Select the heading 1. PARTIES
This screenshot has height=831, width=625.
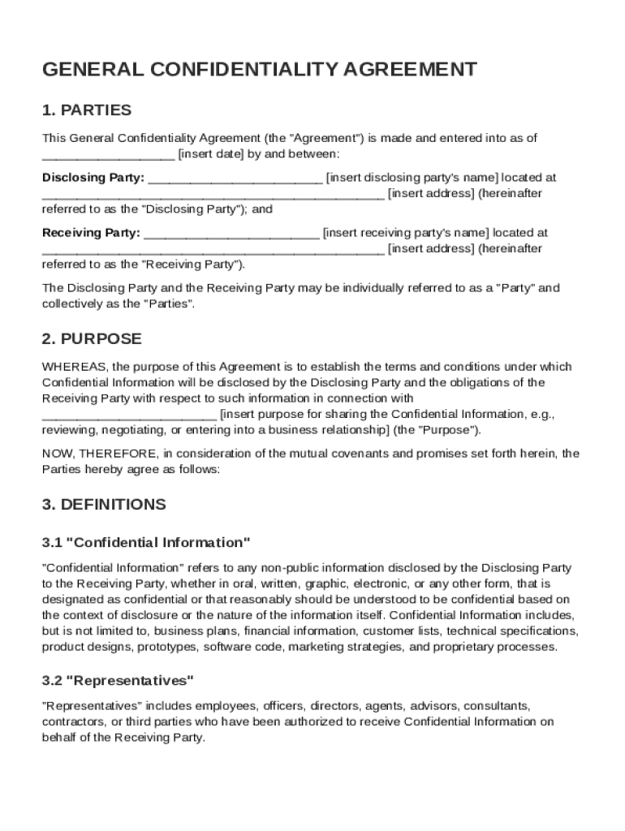tap(87, 110)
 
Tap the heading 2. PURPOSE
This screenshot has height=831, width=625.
tap(92, 338)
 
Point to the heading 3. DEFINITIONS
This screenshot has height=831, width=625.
tap(104, 504)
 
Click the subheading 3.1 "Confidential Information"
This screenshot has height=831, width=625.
tap(146, 542)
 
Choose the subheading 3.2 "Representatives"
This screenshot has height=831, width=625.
tap(118, 679)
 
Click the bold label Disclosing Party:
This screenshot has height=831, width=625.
tap(93, 177)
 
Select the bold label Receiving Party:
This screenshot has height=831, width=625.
tap(91, 233)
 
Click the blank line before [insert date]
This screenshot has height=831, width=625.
tap(108, 155)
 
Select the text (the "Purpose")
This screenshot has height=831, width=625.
tap(437, 429)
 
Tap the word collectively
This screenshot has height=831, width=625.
tap(71, 304)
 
